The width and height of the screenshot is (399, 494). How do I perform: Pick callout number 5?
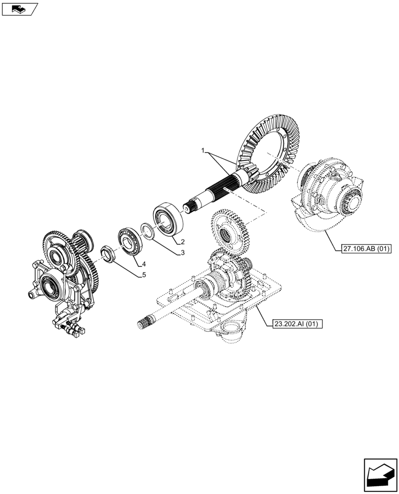pos(144,275)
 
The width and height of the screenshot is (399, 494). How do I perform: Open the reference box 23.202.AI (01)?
pos(297,324)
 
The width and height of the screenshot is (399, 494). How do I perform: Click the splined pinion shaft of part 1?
pos(217,193)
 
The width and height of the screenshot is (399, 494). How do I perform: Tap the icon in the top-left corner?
pos(19,8)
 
